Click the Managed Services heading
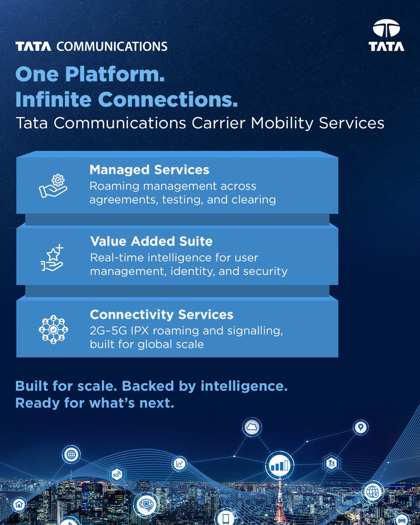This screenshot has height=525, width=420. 149,170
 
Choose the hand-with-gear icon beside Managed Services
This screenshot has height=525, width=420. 53,186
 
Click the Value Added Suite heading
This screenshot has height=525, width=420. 151,241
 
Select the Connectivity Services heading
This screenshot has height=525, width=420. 161,315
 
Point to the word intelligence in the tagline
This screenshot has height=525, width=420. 244,386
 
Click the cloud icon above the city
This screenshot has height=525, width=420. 252,428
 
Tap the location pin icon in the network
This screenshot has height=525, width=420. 360,427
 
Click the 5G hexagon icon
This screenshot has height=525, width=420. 116,475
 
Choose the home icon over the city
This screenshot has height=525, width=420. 18,504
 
